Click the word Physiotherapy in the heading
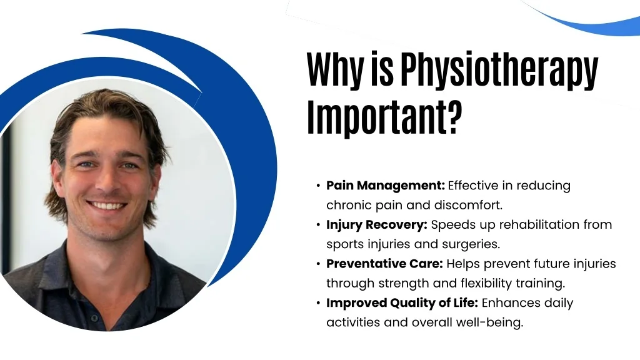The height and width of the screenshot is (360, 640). (499, 70)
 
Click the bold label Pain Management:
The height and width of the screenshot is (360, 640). (385, 186)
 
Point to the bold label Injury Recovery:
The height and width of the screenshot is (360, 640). (377, 225)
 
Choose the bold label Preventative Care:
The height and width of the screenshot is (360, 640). (384, 264)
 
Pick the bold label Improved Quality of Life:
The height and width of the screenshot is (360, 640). (402, 303)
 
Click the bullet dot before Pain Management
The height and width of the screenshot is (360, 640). (318, 186)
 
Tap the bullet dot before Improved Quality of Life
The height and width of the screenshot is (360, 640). (318, 303)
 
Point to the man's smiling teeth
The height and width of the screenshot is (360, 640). (107, 206)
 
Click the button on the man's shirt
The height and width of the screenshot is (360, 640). (94, 318)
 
